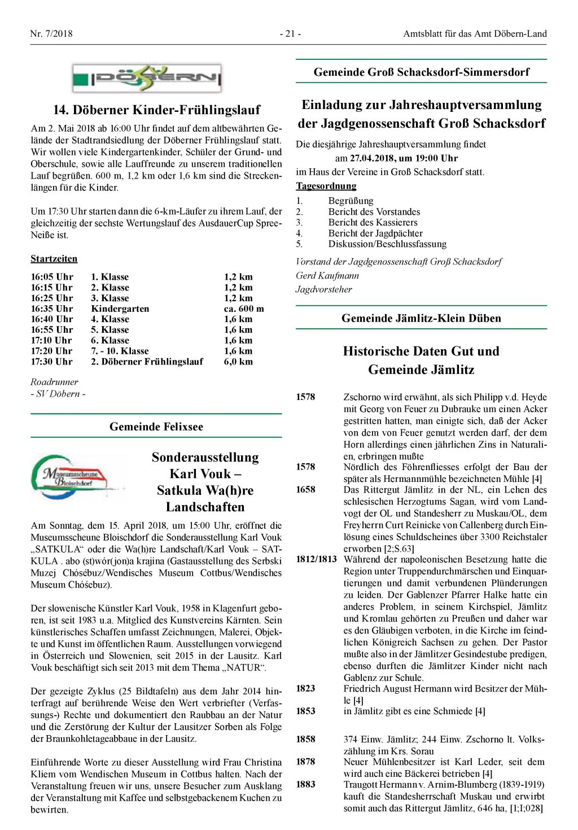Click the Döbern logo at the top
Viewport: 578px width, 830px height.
(x=147, y=78)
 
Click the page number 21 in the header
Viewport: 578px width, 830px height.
(x=290, y=34)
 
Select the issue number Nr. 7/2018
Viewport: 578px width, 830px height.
(x=51, y=34)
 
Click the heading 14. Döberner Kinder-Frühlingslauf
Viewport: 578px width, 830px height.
(x=156, y=110)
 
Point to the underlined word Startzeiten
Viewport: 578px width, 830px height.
(x=54, y=259)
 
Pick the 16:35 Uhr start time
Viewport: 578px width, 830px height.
(x=52, y=308)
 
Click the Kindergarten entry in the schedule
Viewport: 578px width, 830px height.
(x=120, y=308)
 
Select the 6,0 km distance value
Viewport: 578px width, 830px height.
(x=238, y=362)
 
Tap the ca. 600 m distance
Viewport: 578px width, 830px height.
(x=244, y=308)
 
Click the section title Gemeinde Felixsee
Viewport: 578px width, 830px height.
(x=156, y=427)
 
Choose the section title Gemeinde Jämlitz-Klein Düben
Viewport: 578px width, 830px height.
(x=421, y=318)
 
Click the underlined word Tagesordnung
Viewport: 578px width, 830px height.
(x=326, y=186)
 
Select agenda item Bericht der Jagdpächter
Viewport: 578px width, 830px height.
(x=375, y=233)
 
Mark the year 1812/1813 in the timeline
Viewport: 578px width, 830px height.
(x=316, y=559)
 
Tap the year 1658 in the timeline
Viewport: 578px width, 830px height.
(x=305, y=490)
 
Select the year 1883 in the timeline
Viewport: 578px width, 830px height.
(x=305, y=784)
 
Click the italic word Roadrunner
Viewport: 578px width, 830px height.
(x=54, y=382)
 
